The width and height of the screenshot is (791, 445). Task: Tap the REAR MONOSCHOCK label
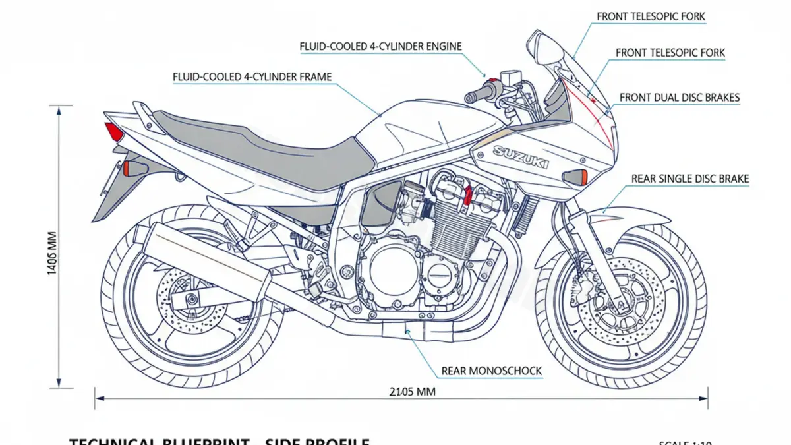click(x=491, y=371)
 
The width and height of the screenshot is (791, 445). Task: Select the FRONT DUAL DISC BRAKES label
click(x=680, y=98)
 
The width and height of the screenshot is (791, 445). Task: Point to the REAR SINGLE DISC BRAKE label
click(x=690, y=179)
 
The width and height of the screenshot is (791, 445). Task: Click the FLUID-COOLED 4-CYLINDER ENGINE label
click(x=380, y=46)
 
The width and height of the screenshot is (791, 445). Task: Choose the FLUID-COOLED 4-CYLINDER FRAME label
click(x=252, y=77)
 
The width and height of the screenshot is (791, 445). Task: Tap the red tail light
click(x=114, y=132)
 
